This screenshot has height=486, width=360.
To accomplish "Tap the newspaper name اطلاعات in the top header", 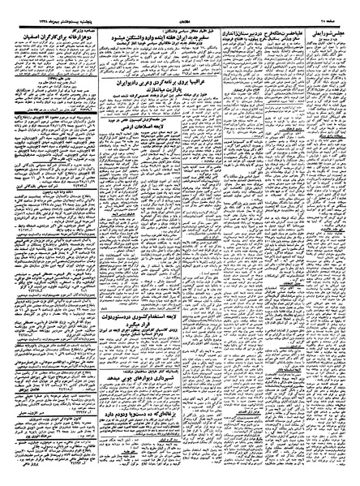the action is coord(182,6).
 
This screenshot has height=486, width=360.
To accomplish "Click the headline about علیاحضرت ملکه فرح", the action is coord(277,17).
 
